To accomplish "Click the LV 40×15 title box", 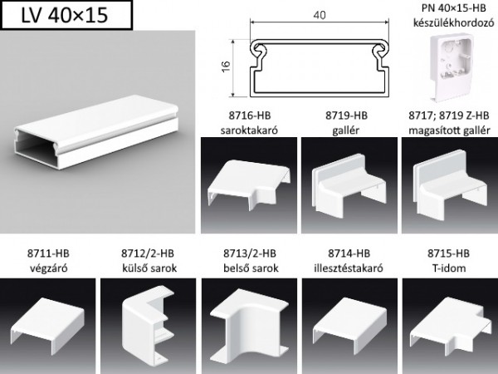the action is (x=66, y=15).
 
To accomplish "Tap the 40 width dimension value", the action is (x=320, y=15).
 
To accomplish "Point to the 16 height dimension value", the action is (x=226, y=66).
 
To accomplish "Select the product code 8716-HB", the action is (x=250, y=116).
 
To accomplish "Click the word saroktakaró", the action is (x=249, y=130).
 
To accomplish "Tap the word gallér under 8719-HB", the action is (x=346, y=130).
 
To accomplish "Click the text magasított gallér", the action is (x=449, y=130).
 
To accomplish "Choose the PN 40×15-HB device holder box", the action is (x=452, y=67).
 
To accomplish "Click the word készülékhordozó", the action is (x=453, y=22).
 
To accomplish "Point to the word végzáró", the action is (x=49, y=268).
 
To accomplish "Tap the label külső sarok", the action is (x=149, y=268).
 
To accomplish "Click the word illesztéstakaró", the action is (x=349, y=268).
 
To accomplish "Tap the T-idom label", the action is (x=449, y=268).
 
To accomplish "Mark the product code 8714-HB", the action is (x=349, y=253).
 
